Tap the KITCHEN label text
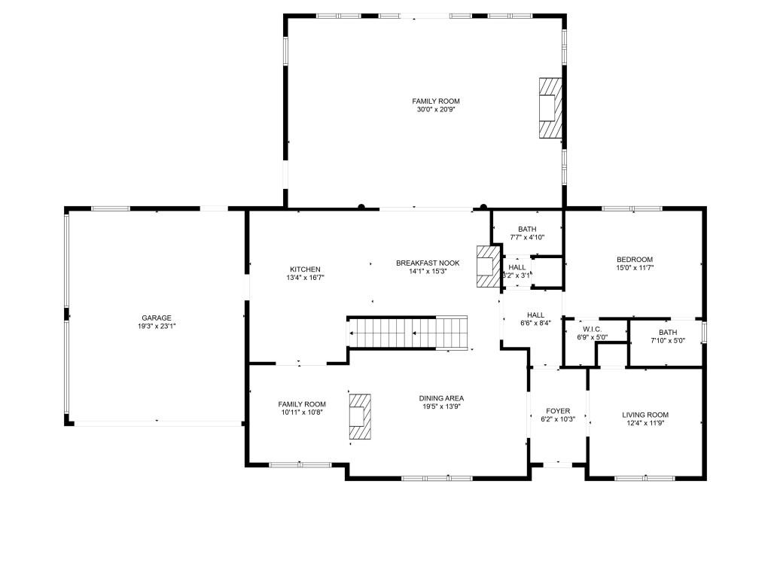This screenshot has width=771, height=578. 305,269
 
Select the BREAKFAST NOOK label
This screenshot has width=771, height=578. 422,263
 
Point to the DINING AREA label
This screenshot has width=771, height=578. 441,398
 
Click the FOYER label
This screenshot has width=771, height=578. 558,411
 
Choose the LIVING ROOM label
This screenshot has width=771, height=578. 645,415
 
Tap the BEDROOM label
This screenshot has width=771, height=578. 635,260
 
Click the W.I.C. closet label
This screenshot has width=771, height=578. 592,329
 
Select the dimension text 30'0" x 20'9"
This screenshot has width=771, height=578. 435,110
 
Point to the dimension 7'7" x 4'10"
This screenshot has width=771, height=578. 527,238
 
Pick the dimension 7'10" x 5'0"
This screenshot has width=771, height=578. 668,341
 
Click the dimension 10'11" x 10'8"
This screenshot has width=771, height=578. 301,412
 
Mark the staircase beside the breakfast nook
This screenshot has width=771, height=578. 407,332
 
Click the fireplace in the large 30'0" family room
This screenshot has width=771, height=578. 550,107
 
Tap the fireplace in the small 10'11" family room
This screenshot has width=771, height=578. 360,417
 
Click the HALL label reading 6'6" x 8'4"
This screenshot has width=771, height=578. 535,319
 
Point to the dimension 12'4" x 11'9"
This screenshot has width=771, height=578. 645,423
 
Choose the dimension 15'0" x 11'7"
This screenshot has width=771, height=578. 635,268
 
